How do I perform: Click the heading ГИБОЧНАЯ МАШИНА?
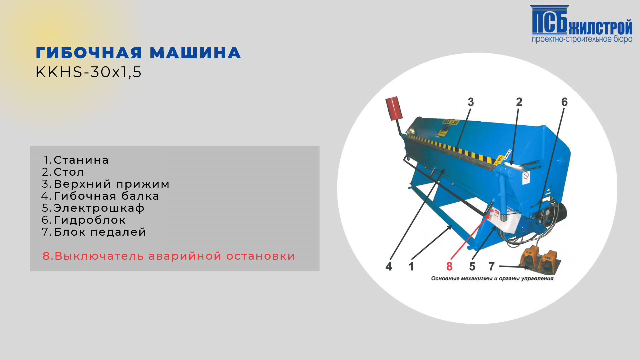click(x=138, y=53)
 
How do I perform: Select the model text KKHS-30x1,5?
click(x=88, y=72)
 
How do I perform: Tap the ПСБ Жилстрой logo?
click(x=581, y=24)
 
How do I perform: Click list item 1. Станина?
click(x=76, y=160)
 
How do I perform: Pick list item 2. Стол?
click(x=63, y=172)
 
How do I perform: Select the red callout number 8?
click(x=449, y=266)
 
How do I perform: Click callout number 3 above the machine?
click(x=471, y=102)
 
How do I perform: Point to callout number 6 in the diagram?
click(x=564, y=102)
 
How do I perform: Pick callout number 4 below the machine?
click(x=389, y=266)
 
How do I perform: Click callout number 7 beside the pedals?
click(x=491, y=266)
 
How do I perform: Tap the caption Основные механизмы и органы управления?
click(x=492, y=279)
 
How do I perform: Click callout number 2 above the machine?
click(x=519, y=102)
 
